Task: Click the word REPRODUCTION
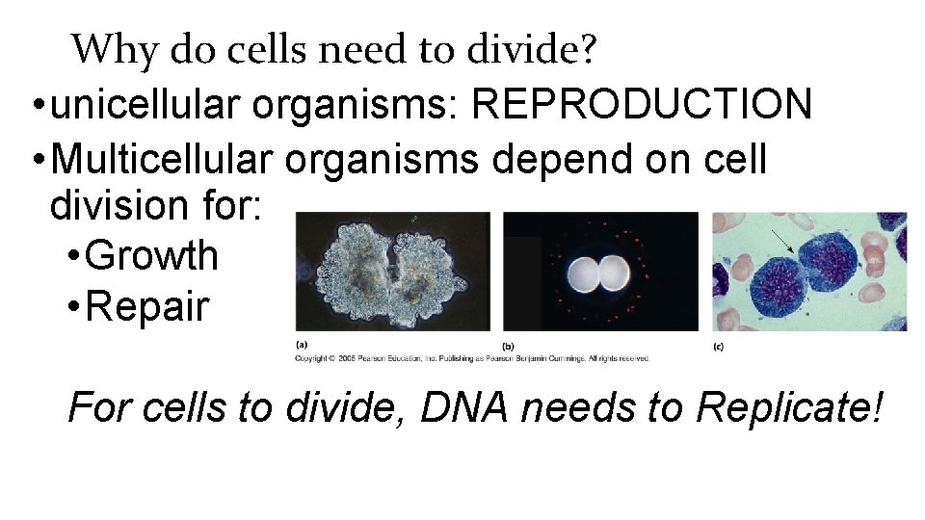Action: point(642,104)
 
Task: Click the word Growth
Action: point(152,255)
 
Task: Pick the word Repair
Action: point(147,307)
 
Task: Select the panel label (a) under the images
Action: point(303,344)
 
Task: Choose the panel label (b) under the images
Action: point(509,344)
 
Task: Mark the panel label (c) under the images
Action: point(719,344)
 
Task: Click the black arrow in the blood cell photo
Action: point(782,240)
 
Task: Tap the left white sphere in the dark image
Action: point(587,274)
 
